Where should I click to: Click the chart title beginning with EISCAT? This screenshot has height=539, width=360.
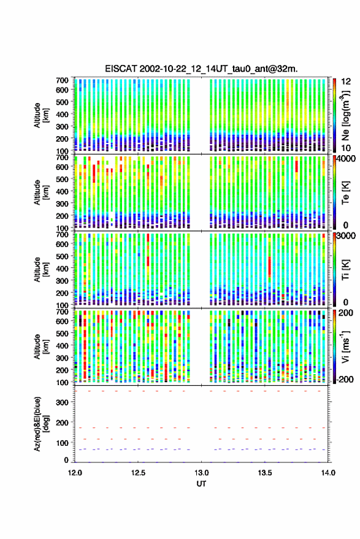pos(201,69)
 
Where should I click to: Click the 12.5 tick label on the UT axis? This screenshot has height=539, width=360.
pos(138,473)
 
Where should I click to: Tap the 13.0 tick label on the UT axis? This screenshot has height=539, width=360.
pos(202,473)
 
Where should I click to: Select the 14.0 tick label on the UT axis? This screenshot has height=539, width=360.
pos(328,473)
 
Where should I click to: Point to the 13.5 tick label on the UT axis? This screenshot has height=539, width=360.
pos(265,473)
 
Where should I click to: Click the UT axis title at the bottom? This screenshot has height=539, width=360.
pos(201,484)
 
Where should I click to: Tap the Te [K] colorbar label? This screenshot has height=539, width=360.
pos(345,193)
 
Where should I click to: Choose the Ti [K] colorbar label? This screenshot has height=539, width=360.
pos(345,270)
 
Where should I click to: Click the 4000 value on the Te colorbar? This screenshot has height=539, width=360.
pos(347,159)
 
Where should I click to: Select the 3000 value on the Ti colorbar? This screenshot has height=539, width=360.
pos(347,236)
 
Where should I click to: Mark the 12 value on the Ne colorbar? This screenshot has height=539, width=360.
pos(347,82)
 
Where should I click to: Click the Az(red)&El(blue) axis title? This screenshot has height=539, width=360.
pos(40,424)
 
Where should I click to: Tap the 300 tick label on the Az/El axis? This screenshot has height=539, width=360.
pos(62,402)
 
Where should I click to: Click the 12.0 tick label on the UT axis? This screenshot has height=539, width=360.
pos(75,473)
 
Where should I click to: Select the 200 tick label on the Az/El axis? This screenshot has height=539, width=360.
pos(62,422)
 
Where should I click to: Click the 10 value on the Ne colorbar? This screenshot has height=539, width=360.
pos(347,148)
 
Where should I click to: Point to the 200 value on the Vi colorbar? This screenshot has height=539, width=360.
pos(345,313)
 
